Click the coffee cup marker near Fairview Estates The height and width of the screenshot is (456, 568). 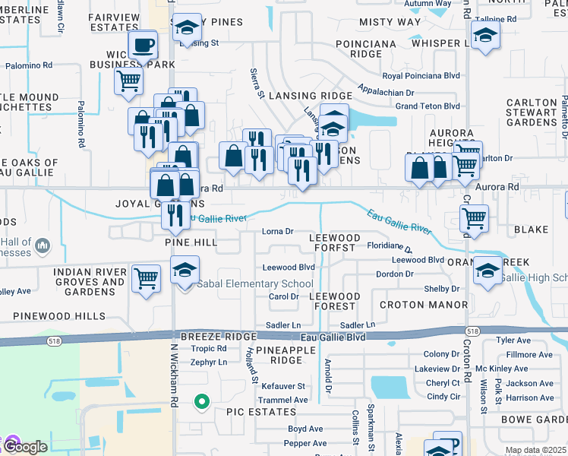click(x=143, y=46)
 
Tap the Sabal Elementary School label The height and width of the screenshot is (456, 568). click(x=255, y=284)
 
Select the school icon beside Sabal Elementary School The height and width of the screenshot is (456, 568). click(x=185, y=271)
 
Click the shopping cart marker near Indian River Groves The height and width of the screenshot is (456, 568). click(x=146, y=277)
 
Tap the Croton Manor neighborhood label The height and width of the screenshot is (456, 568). click(x=412, y=305)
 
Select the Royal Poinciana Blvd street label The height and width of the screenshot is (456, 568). click(x=421, y=76)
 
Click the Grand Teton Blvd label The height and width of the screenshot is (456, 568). click(x=428, y=106)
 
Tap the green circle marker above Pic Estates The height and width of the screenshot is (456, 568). click(x=201, y=401)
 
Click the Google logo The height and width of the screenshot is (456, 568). click(x=26, y=447)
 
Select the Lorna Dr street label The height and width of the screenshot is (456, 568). click(x=277, y=232)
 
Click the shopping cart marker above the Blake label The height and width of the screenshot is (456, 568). click(x=475, y=219)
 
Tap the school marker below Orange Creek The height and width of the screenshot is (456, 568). click(x=486, y=272)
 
